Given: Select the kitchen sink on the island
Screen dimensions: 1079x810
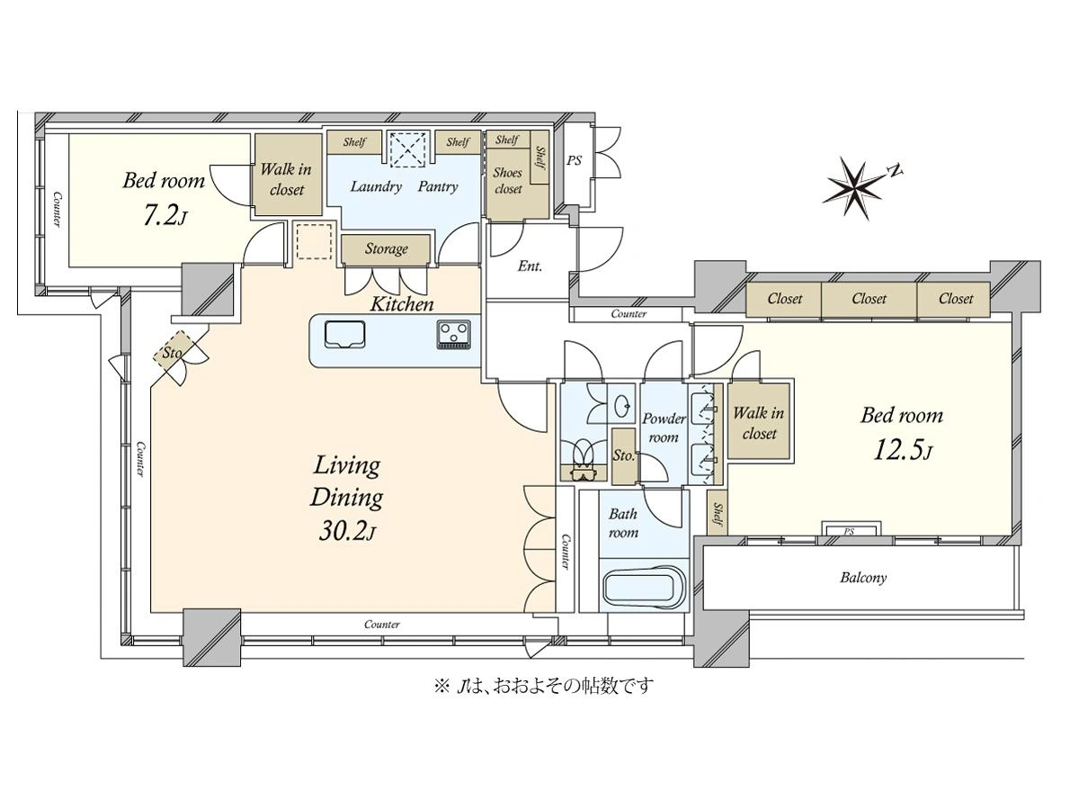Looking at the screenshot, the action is pyautogui.click(x=344, y=335).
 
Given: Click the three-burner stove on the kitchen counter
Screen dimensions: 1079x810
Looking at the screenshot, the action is pyautogui.click(x=453, y=335).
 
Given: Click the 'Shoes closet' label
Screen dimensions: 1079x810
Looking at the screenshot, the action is pyautogui.click(x=507, y=181).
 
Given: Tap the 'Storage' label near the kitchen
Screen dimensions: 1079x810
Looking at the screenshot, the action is pyautogui.click(x=387, y=249).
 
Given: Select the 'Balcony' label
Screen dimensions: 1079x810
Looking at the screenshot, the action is pyautogui.click(x=863, y=578).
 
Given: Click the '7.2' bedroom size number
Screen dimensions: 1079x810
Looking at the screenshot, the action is pyautogui.click(x=159, y=215).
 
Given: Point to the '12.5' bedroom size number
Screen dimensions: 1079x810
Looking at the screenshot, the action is pyautogui.click(x=896, y=450).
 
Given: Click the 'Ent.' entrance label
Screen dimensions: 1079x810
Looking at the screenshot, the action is pyautogui.click(x=530, y=266).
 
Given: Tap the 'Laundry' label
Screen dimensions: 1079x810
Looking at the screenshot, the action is pyautogui.click(x=376, y=186).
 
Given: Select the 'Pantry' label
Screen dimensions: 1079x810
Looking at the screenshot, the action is pyautogui.click(x=438, y=187).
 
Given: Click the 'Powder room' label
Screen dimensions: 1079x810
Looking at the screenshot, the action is pyautogui.click(x=664, y=427).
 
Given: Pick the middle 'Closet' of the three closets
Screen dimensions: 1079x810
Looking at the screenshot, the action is pyautogui.click(x=869, y=299).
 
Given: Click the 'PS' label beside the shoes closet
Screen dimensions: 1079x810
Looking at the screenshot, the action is pyautogui.click(x=575, y=160).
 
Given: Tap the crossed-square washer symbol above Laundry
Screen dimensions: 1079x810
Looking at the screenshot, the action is pyautogui.click(x=406, y=149).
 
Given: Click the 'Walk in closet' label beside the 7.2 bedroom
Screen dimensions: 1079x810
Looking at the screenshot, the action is pyautogui.click(x=286, y=179).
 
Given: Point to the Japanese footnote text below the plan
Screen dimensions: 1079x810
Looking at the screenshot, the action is pyautogui.click(x=544, y=686).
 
